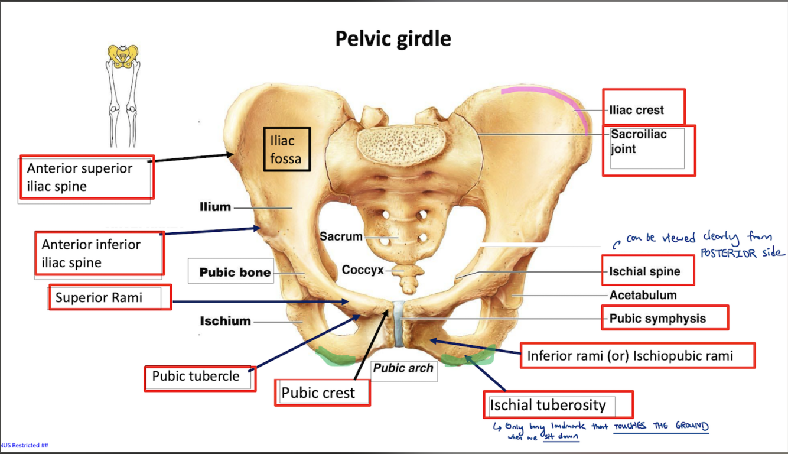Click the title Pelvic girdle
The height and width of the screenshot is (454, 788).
point(393,39)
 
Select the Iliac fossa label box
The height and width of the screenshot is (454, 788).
point(286,150)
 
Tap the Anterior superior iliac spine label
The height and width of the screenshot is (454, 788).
point(86,177)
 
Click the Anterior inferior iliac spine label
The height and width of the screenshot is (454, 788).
point(98,253)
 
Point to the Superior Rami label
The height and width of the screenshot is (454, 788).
point(109,297)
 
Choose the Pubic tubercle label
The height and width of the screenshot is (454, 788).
point(200,377)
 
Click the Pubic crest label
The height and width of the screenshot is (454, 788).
point(322,393)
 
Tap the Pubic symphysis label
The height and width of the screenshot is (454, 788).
point(664,318)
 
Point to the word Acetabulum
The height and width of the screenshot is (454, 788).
point(643,295)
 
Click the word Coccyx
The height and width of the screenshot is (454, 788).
point(362,270)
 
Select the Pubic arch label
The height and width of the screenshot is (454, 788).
point(404,368)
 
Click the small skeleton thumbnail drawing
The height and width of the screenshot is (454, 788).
point(123,95)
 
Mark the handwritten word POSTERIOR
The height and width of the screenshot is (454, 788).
point(732,253)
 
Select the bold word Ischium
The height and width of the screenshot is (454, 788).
point(225,321)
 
